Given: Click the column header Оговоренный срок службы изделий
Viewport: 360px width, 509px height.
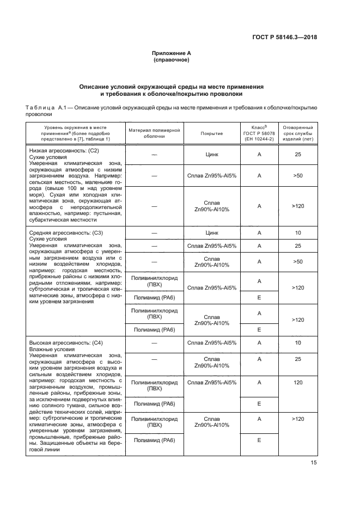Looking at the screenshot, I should coord(297,133).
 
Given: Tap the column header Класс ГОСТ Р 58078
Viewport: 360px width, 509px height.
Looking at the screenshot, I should coord(259,133).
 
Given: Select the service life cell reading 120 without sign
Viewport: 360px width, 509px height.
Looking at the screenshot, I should coord(297,383).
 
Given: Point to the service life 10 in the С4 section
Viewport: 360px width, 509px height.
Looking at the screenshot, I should coord(297,343).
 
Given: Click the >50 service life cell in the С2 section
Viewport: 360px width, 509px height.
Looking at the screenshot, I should coord(297,176).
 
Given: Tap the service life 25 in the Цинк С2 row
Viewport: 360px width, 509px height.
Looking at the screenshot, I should coord(297,155).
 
